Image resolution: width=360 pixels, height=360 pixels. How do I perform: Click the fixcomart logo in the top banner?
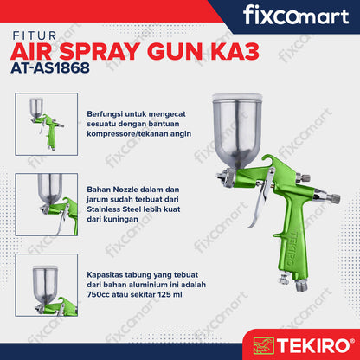point(296,16)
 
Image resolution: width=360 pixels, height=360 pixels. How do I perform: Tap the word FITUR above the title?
point(35,35)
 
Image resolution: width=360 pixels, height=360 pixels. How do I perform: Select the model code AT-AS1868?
point(50,68)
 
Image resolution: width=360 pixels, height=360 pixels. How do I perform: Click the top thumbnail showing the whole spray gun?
point(47,124)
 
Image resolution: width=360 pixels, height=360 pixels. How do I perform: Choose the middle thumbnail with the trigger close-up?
point(47,204)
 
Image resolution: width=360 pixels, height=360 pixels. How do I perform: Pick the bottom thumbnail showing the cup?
point(47,285)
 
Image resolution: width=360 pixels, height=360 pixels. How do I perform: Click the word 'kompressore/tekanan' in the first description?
point(127,134)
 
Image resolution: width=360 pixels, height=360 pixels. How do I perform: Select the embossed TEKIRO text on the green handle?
point(292,248)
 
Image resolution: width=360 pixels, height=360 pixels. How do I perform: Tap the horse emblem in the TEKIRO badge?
point(263,345)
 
